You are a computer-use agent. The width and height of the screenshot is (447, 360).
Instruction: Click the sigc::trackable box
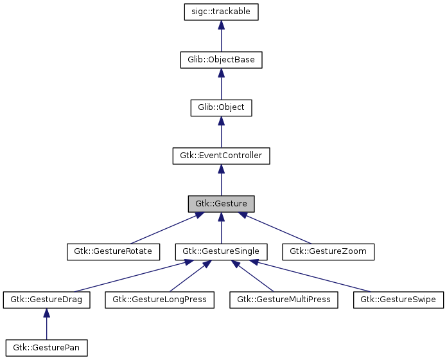point(221,12)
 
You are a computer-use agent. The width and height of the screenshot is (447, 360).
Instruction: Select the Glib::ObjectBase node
point(221,59)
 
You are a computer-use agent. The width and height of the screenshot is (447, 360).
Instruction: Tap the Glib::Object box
point(221,107)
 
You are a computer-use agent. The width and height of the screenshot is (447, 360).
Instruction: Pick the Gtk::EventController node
point(221,156)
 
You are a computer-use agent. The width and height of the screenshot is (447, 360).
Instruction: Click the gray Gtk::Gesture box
point(221,203)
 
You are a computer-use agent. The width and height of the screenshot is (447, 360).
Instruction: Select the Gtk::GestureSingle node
point(221,251)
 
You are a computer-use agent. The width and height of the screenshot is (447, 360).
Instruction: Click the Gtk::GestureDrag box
point(46,300)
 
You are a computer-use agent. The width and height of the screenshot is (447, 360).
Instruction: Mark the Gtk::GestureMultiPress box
point(284,300)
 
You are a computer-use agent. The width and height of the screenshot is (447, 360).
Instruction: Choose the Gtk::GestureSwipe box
point(398,300)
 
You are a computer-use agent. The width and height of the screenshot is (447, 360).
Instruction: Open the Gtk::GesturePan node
point(46,348)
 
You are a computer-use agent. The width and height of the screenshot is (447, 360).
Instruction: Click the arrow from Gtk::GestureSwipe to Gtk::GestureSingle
point(315,276)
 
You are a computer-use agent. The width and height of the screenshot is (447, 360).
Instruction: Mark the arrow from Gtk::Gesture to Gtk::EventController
point(221,180)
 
